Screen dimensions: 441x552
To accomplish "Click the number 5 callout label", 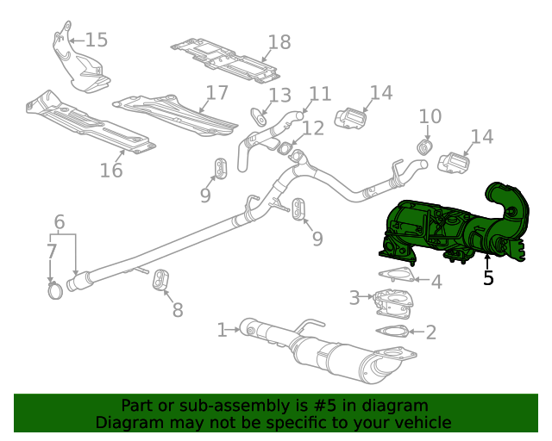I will (x=488, y=278).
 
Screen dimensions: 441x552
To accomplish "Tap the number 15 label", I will (x=96, y=40).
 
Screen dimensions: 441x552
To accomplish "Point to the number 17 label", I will (x=216, y=92).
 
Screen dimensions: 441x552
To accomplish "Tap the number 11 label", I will (x=320, y=93).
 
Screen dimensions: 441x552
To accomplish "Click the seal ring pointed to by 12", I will (x=284, y=150).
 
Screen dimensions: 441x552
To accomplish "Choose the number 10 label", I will (x=430, y=115).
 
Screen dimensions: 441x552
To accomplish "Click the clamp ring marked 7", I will (x=54, y=292).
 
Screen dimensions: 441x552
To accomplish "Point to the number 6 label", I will (x=59, y=222).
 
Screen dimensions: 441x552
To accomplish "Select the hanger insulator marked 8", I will (x=160, y=281).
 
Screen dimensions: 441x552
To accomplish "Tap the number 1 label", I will (x=222, y=328).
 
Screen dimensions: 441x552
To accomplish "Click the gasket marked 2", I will (x=394, y=332).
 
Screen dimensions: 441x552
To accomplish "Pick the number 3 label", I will (x=354, y=298).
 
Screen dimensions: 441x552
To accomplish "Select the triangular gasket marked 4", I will (x=395, y=276).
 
